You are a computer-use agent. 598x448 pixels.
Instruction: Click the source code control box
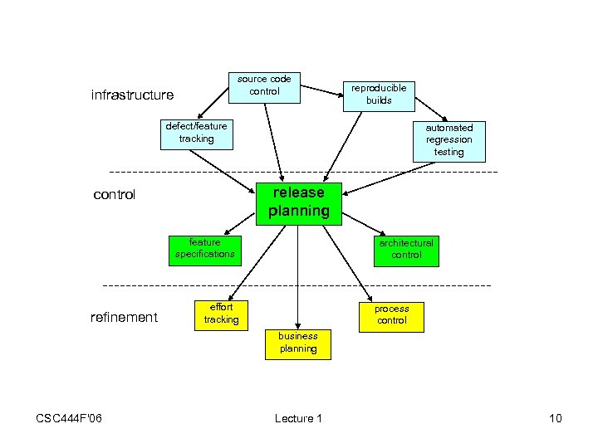tap(264, 85)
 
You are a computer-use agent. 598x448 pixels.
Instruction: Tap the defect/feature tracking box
tap(196, 133)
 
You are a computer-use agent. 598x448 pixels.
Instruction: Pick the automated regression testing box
tap(448, 139)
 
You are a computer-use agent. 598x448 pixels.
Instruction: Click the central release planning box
tap(299, 202)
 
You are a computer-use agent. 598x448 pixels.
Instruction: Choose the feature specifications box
tap(204, 248)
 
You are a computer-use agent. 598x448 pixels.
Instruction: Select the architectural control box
tap(406, 249)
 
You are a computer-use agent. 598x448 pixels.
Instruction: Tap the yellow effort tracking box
tap(221, 314)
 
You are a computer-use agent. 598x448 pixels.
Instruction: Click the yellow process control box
tap(391, 314)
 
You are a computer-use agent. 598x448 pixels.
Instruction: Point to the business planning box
tap(298, 343)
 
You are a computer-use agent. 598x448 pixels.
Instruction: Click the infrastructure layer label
tap(132, 95)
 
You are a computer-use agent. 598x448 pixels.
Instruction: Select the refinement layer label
tap(124, 317)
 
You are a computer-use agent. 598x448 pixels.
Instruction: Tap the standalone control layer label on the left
tap(114, 196)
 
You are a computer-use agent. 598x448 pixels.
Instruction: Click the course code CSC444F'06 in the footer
tap(69, 418)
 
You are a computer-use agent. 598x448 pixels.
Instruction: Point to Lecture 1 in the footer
tap(298, 418)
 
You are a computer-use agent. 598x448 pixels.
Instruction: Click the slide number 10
tap(555, 418)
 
